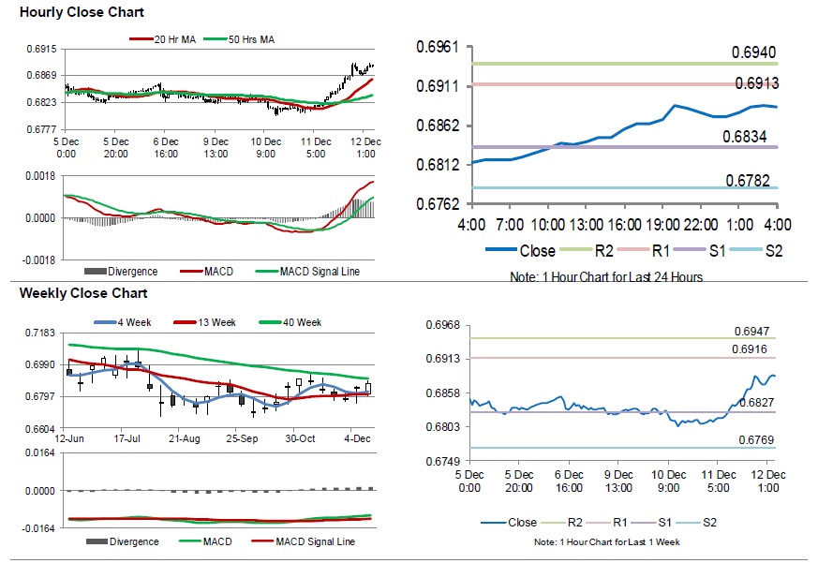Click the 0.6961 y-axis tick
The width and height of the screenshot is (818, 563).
(439, 47)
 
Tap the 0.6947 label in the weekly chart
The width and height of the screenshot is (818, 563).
(753, 332)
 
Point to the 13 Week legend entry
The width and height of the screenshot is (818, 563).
(218, 323)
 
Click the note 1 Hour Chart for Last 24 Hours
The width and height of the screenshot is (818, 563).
(605, 276)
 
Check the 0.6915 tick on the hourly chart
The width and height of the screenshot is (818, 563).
(41, 49)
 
